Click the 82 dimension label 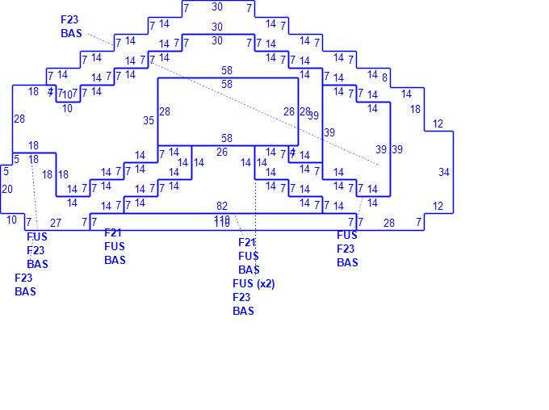coord(222,207)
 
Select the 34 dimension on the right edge coord(444,172)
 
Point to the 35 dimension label coord(149,121)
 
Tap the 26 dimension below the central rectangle coord(222,152)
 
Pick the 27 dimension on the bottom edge coord(56,223)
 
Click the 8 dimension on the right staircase coord(384,78)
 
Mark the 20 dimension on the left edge coord(7,189)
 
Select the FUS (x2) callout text coord(254,283)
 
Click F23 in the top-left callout coord(71,19)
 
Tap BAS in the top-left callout coord(71,34)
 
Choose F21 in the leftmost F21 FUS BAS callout coord(114,232)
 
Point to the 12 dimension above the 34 coord(438,124)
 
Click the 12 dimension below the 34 coord(438,207)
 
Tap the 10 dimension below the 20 coord(11,220)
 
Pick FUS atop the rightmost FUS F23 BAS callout coord(346,235)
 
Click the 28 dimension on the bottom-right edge coord(389,223)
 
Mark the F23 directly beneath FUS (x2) coord(241,297)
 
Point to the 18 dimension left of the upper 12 coord(415,110)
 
